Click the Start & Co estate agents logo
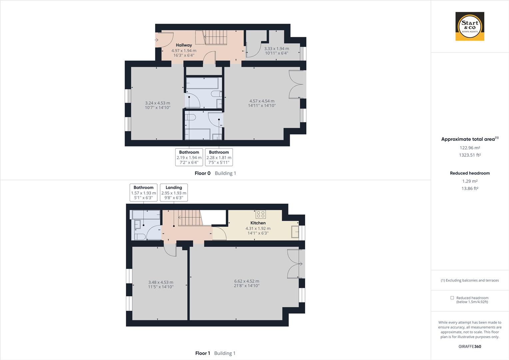pyautogui.click(x=470, y=26)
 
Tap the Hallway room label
pyautogui.click(x=184, y=45)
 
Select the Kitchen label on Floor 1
pyautogui.click(x=258, y=223)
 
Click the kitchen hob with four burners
pyautogui.click(x=261, y=214)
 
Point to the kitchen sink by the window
pyautogui.click(x=295, y=232)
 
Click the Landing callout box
pyautogui.click(x=174, y=193)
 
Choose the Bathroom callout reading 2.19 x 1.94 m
pyautogui.click(x=189, y=157)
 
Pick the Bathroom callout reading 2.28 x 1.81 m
pyautogui.click(x=219, y=157)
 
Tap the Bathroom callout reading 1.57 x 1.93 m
pyautogui.click(x=143, y=193)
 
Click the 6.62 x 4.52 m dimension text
pyautogui.click(x=247, y=281)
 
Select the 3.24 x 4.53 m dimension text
pyautogui.click(x=158, y=103)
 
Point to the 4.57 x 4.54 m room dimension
pyautogui.click(x=262, y=101)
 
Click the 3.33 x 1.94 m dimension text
pyautogui.click(x=276, y=48)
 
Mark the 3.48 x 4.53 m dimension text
pyautogui.click(x=161, y=282)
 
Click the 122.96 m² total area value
pyautogui.click(x=470, y=148)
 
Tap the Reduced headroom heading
pyautogui.click(x=470, y=173)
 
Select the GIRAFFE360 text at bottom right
pyautogui.click(x=470, y=346)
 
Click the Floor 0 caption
pyautogui.click(x=203, y=173)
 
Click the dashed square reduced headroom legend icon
pyautogui.click(x=452, y=298)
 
